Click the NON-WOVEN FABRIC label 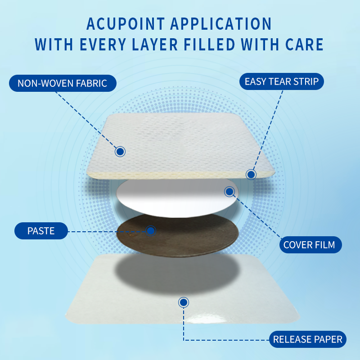[x=62, y=83]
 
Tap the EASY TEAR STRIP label [x=281, y=81]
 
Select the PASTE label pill [x=41, y=231]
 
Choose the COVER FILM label [x=309, y=245]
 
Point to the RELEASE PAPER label [x=308, y=339]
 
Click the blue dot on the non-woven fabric [x=120, y=152]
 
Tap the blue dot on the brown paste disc [x=151, y=231]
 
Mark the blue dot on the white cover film [x=229, y=192]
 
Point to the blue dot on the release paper [x=183, y=302]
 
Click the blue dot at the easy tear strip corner [x=251, y=174]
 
